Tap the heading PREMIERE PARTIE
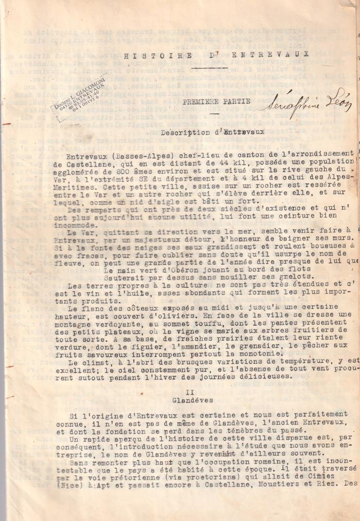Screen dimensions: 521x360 pyautogui.click(x=216, y=101)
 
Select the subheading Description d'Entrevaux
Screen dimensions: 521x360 pyautogui.click(x=212, y=132)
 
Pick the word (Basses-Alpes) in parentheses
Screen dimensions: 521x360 pyautogui.click(x=131, y=154)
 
